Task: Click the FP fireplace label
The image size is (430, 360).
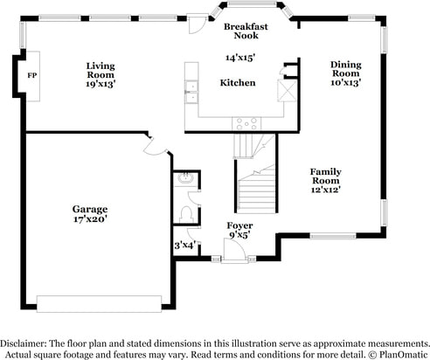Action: (32, 75)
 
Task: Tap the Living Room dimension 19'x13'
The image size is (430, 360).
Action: (101, 84)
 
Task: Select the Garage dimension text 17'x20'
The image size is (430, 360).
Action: (90, 219)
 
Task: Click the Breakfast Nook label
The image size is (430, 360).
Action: (246, 31)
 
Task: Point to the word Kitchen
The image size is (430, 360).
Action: (238, 83)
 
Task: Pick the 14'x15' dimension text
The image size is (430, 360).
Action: (240, 58)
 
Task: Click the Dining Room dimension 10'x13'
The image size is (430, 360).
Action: (346, 83)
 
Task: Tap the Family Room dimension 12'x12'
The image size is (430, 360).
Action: (326, 190)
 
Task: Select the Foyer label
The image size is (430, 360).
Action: (239, 225)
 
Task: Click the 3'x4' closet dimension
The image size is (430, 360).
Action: (184, 246)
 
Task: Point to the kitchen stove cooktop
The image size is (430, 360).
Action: (246, 124)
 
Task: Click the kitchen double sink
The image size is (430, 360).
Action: (191, 92)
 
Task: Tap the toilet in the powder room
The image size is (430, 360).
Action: (186, 214)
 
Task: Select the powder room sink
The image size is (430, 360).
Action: (186, 178)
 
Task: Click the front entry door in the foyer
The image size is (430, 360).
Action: (234, 250)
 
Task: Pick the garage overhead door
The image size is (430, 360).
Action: (99, 304)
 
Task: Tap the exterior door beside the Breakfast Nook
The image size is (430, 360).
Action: (196, 24)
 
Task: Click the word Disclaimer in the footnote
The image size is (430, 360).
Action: (23, 343)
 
